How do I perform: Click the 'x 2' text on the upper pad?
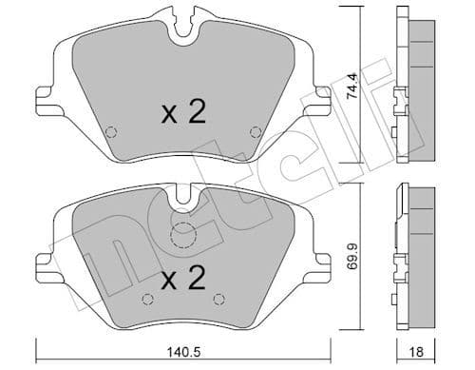[182, 114]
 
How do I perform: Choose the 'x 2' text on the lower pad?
[182, 282]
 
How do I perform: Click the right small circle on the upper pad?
[254, 132]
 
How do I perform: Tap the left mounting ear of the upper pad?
[42, 95]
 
